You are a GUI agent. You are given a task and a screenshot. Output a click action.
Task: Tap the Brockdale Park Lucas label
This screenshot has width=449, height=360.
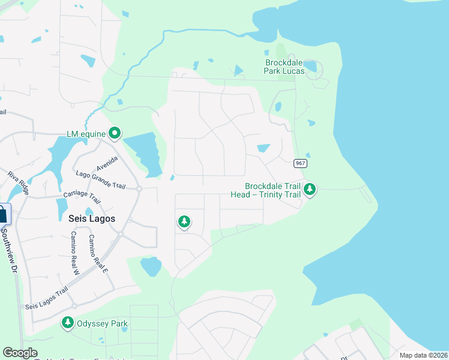pyautogui.click(x=284, y=67)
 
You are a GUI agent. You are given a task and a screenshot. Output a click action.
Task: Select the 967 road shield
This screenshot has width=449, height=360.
pyautogui.click(x=301, y=163)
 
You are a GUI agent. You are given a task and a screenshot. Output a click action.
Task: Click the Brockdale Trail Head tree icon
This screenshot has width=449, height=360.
pyautogui.click(x=310, y=190)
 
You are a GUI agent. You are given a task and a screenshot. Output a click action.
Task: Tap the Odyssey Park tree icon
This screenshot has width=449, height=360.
pyautogui.click(x=68, y=323)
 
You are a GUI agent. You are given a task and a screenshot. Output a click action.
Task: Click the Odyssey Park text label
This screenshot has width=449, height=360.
pyautogui.click(x=103, y=324)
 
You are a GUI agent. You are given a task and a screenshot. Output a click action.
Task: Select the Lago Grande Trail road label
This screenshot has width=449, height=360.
pyautogui.click(x=101, y=179)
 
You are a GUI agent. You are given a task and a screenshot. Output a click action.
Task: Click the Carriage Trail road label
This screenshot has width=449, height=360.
pyautogui.click(x=82, y=196)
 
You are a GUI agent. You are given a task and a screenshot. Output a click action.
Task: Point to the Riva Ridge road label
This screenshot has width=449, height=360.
pyautogui.click(x=18, y=182)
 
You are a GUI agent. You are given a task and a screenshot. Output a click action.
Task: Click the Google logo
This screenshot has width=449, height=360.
pyautogui.click(x=20, y=353)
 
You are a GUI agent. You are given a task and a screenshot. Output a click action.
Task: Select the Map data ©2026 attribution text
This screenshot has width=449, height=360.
pyautogui.click(x=423, y=355)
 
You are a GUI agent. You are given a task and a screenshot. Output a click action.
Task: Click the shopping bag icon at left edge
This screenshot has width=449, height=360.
pyautogui.click(x=3, y=214)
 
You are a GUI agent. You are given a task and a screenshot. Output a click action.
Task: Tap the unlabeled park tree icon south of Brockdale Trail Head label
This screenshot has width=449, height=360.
pyautogui.click(x=184, y=223)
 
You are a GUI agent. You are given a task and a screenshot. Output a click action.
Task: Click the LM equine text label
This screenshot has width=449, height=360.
pyautogui.click(x=86, y=133)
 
